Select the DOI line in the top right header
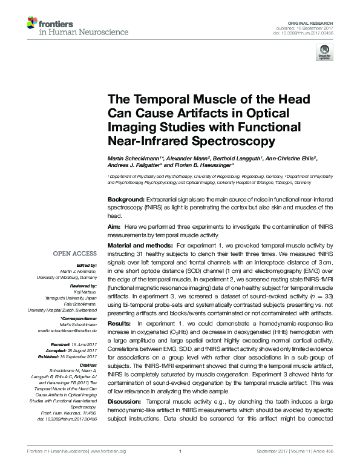[x=304, y=33]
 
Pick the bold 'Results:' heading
[x=120, y=324]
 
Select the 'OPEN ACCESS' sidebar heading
[x=75, y=255]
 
